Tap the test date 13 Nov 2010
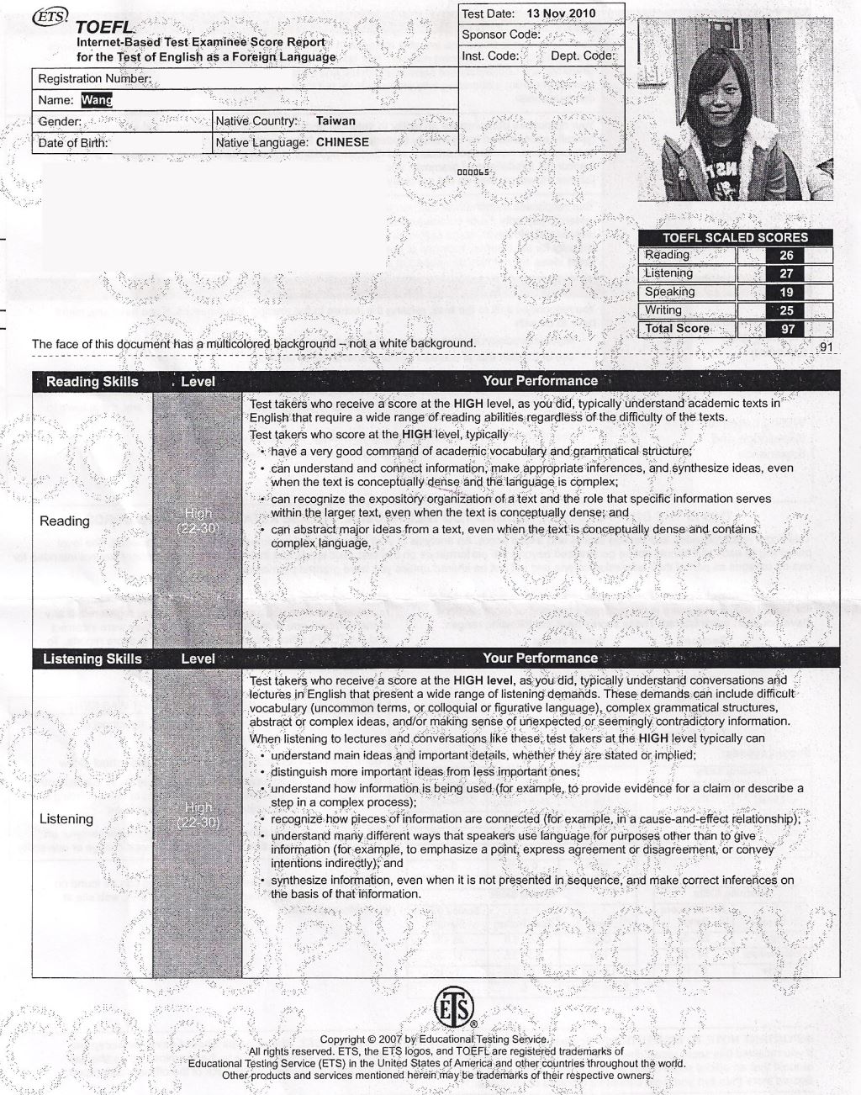[560, 13]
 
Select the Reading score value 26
[786, 256]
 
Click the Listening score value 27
[786, 274]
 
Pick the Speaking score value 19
[786, 293]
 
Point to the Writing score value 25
[786, 311]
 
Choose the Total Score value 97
[787, 330]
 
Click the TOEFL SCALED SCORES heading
[735, 237]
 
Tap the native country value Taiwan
[335, 121]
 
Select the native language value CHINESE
[342, 143]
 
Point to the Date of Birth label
[73, 143]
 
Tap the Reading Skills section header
[92, 382]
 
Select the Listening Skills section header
[92, 659]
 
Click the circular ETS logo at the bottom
[454, 1008]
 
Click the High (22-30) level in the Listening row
[198, 815]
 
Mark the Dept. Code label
[583, 56]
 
